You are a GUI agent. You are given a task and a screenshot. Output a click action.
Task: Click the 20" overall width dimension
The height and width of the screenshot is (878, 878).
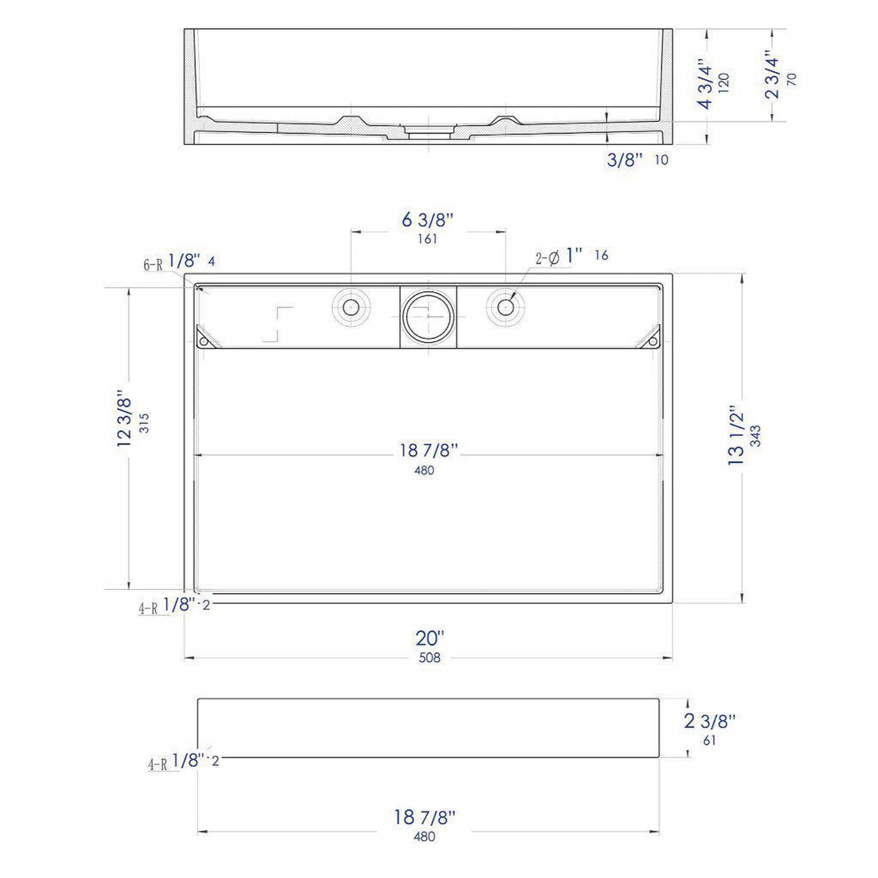tap(430, 638)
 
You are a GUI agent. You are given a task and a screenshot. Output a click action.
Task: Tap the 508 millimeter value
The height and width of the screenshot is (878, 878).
tap(430, 657)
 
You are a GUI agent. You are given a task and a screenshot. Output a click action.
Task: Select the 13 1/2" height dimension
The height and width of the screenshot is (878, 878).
tap(736, 436)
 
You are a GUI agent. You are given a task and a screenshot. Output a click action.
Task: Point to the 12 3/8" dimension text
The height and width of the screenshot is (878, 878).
tap(125, 419)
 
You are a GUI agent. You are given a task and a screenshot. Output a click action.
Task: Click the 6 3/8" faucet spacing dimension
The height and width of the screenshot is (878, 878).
tap(428, 219)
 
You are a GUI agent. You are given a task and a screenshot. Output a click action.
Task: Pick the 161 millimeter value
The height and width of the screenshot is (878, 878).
tap(427, 239)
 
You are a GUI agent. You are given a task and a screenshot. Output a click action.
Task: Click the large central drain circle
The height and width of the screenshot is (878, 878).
tap(428, 316)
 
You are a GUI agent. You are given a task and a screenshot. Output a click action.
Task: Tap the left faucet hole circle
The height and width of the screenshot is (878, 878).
tap(351, 307)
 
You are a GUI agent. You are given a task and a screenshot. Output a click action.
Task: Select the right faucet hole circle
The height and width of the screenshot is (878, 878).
tap(506, 307)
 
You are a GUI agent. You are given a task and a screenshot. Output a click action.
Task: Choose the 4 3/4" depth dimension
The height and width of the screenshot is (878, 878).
tap(705, 83)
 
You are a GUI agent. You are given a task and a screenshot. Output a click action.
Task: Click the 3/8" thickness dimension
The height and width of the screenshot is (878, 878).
tap(625, 160)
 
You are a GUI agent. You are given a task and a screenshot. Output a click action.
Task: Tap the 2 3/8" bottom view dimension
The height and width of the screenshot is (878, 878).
tap(710, 721)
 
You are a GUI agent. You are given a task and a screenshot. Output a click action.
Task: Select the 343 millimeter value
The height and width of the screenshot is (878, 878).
tap(755, 436)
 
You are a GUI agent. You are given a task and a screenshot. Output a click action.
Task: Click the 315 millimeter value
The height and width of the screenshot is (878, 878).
tap(144, 423)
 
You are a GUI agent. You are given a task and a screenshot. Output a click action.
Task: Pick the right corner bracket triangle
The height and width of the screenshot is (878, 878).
tap(649, 338)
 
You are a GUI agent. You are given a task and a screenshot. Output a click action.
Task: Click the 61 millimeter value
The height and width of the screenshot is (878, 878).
tap(709, 741)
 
